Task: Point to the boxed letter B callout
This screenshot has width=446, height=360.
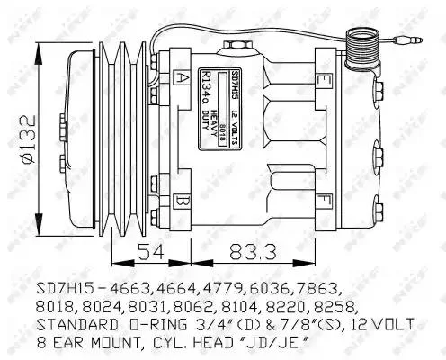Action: tap(183, 199)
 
